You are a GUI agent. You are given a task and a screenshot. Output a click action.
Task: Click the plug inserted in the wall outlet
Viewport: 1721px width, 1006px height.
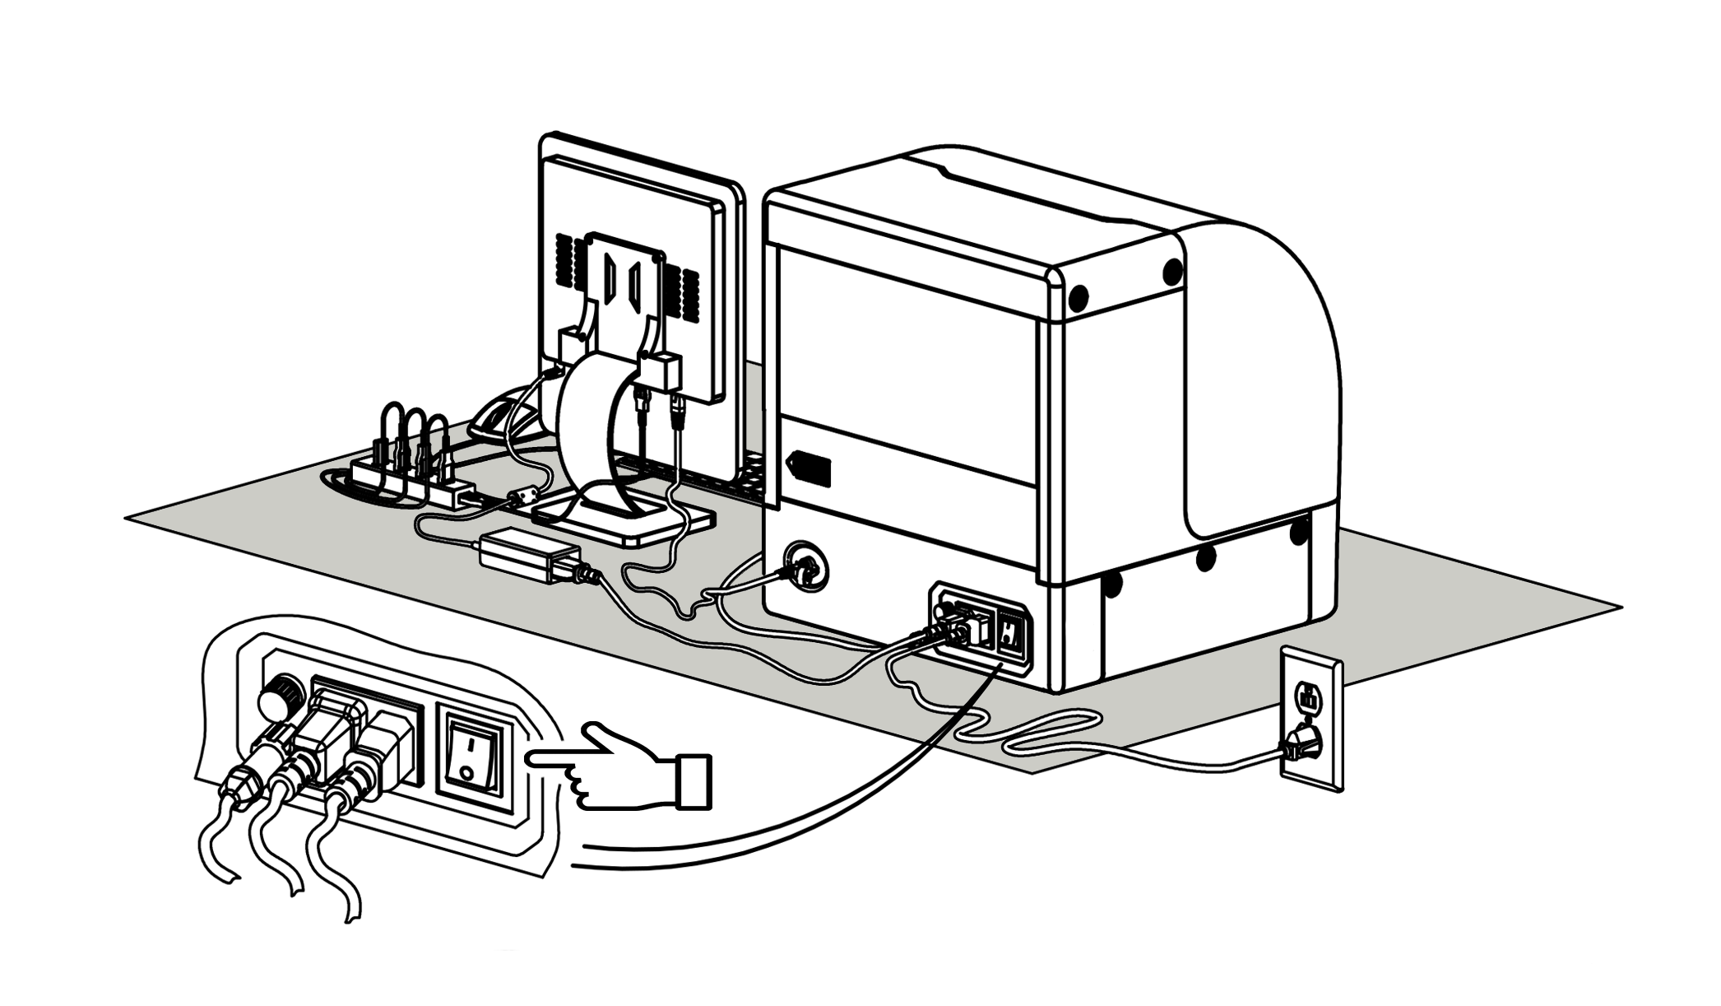click(1300, 743)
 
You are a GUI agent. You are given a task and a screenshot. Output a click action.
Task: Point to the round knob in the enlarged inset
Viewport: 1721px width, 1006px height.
click(276, 700)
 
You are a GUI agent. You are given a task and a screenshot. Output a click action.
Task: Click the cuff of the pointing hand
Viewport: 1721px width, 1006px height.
click(693, 780)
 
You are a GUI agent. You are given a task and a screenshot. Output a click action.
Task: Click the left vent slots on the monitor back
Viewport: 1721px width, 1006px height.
click(564, 259)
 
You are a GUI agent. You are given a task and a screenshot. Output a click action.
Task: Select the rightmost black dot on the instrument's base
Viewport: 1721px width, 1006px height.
click(1299, 532)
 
